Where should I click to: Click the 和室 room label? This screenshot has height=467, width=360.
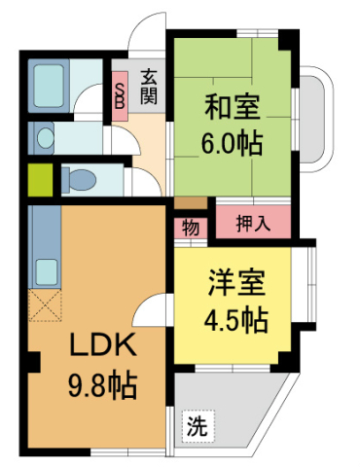232,103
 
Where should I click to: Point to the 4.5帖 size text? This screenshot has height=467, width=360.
235,318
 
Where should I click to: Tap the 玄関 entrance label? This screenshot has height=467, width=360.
149,87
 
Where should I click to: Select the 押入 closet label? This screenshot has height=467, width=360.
254,223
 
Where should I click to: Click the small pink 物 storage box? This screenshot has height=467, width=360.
190,230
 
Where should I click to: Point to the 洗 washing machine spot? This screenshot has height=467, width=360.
197,426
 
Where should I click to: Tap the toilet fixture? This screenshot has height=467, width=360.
80,180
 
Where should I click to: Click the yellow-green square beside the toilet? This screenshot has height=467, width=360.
40,180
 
